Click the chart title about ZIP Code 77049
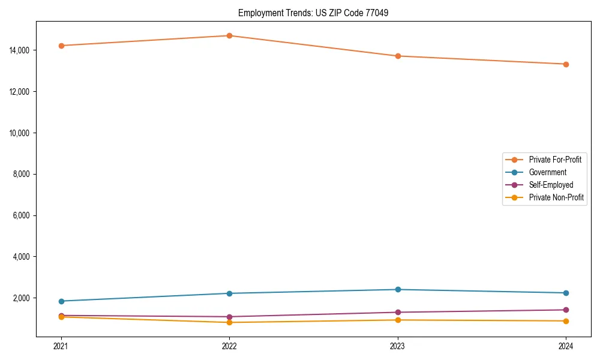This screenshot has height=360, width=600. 313,13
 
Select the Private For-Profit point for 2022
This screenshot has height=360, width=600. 229,35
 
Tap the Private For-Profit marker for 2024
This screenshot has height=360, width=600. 566,64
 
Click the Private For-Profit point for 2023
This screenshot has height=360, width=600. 398,56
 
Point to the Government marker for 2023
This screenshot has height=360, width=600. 398,290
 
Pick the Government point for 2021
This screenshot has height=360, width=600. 61,301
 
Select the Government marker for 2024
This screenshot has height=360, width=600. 566,293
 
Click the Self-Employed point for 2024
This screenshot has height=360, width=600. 566,310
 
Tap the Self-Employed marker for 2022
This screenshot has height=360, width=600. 229,317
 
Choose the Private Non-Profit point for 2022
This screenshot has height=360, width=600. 229,322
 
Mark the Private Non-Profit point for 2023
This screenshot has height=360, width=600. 398,320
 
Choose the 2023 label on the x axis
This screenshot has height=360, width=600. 398,346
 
